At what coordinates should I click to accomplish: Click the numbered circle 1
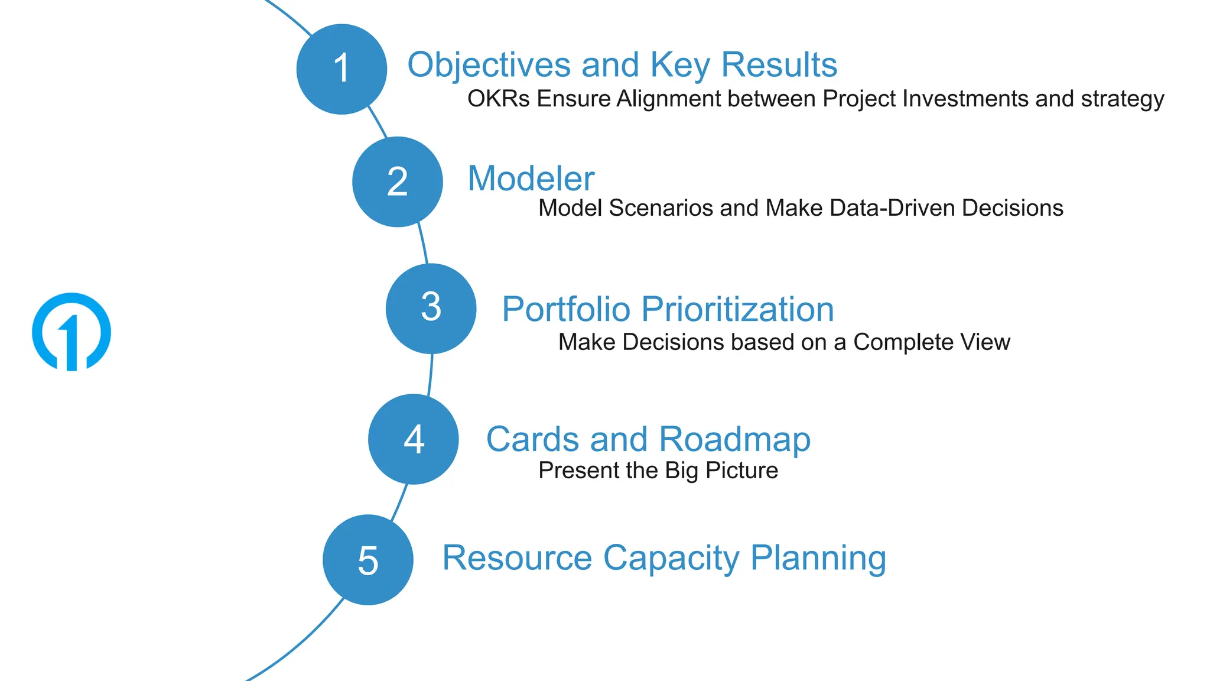click(341, 69)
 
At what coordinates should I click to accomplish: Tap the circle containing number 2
click(397, 182)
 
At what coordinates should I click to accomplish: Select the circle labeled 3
click(431, 309)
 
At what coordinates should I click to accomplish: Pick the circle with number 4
click(413, 439)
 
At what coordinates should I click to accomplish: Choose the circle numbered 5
click(367, 560)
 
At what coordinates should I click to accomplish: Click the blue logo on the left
click(71, 332)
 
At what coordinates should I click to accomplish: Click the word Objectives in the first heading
click(489, 65)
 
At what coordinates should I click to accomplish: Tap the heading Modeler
click(530, 179)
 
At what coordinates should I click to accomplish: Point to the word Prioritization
click(737, 309)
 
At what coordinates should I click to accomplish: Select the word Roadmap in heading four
click(734, 439)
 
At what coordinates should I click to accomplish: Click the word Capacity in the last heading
click(671, 558)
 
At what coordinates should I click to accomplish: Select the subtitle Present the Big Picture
click(658, 471)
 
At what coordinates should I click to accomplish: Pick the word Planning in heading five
click(818, 558)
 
